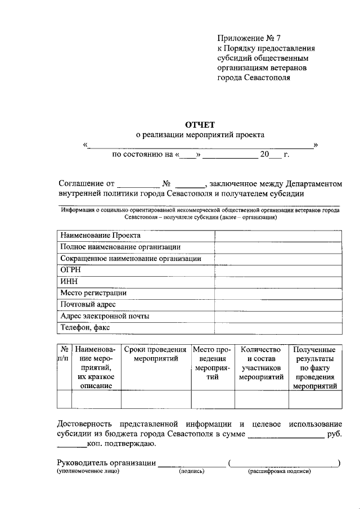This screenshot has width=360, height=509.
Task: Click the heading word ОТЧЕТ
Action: click(200, 124)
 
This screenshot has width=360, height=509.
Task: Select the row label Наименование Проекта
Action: click(100, 235)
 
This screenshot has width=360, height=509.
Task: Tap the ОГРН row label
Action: click(71, 269)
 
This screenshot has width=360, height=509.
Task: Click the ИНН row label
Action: click(69, 281)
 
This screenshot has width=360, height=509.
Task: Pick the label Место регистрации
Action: click(93, 292)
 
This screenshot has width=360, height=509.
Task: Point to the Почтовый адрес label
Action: click(88, 304)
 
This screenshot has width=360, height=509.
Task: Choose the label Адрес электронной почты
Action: click(105, 316)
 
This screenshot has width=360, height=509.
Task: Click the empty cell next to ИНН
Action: click(278, 281)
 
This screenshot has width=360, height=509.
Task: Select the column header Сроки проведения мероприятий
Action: click(156, 354)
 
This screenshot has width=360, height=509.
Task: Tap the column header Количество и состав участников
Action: click(260, 363)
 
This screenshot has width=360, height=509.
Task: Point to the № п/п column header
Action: click(64, 354)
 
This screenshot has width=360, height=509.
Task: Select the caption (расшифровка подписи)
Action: click(280, 472)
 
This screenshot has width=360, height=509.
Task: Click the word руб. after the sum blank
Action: click(334, 434)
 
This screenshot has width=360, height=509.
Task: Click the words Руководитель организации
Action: click(106, 462)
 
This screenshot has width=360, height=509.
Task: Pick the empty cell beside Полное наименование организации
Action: click(278, 246)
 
